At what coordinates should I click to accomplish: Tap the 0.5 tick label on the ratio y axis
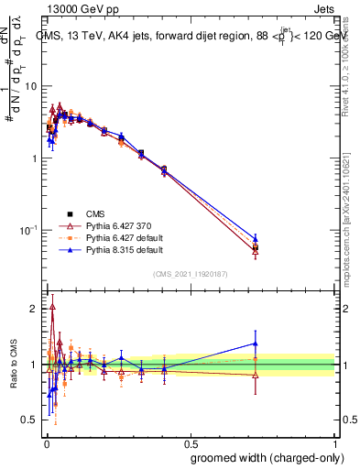tap(30, 420)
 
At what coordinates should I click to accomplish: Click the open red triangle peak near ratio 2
tap(52, 307)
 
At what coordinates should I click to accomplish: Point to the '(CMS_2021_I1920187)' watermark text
tap(190, 272)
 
